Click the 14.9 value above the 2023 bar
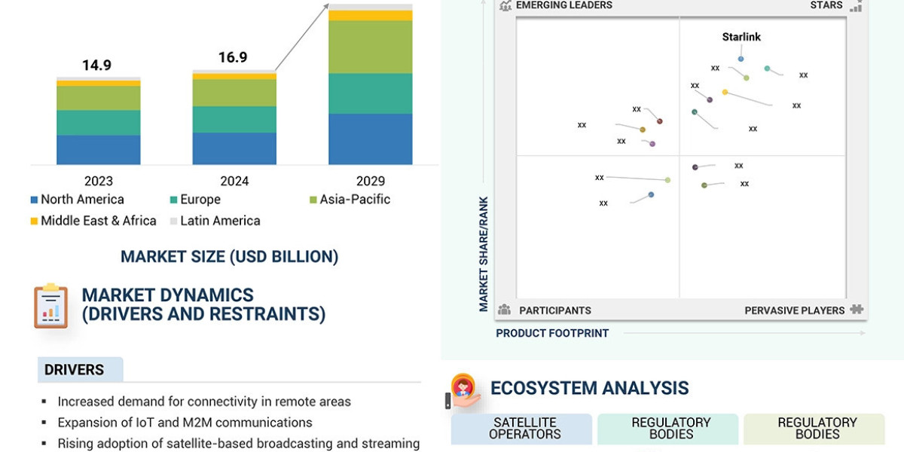pyautogui.click(x=97, y=66)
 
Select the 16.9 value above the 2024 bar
pyautogui.click(x=233, y=58)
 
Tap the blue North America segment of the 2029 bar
pyautogui.click(x=370, y=139)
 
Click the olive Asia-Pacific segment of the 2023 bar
pyautogui.click(x=98, y=98)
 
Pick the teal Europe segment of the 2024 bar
pyautogui.click(x=234, y=119)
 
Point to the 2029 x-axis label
pyautogui.click(x=370, y=181)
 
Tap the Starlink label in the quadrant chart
pyautogui.click(x=741, y=37)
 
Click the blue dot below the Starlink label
pyautogui.click(x=741, y=59)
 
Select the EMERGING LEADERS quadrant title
pyautogui.click(x=563, y=5)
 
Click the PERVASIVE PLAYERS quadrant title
pyautogui.click(x=795, y=310)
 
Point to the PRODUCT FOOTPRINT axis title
pyautogui.click(x=552, y=333)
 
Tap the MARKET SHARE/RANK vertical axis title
pyautogui.click(x=484, y=254)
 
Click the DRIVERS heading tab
pyautogui.click(x=75, y=370)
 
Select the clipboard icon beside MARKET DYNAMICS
pyautogui.click(x=50, y=305)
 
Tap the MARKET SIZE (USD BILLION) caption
pyautogui.click(x=229, y=257)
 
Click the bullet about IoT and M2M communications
pyautogui.click(x=185, y=423)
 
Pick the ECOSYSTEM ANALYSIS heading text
pyautogui.click(x=589, y=388)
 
